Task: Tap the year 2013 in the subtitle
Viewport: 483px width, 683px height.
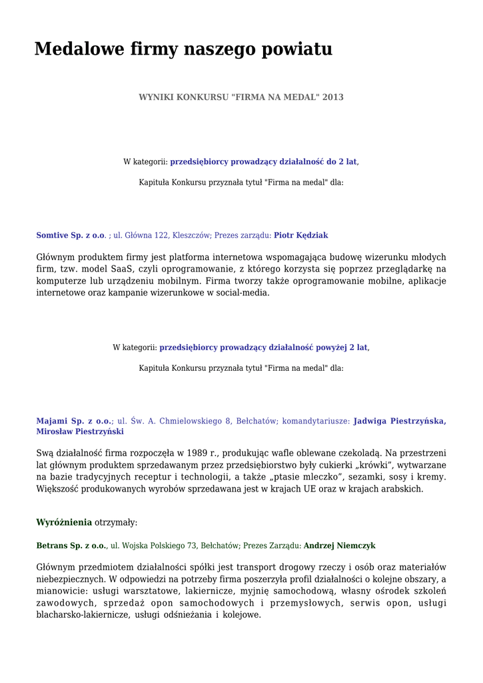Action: click(333, 97)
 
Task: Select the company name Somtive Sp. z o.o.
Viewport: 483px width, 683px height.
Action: click(71, 235)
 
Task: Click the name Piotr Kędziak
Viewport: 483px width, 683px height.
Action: click(300, 235)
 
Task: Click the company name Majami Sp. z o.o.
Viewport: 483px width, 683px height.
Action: click(73, 421)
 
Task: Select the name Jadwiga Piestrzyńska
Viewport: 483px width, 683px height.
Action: click(399, 421)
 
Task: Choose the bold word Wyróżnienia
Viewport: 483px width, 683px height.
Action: click(64, 522)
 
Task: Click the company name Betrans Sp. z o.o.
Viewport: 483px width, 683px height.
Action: click(71, 546)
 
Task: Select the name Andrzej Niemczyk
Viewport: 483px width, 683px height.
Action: click(339, 546)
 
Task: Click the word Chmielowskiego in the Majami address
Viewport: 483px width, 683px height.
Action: click(190, 421)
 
